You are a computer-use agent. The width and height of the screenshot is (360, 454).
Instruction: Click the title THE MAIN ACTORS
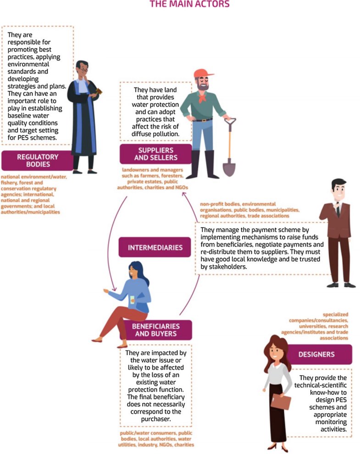click(x=189, y=4)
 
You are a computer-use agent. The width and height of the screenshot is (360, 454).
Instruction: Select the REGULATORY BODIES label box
click(x=38, y=160)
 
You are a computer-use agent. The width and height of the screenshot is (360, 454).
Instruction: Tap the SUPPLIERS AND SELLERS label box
click(x=155, y=154)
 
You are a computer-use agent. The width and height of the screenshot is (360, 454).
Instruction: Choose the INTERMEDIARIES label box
click(x=155, y=247)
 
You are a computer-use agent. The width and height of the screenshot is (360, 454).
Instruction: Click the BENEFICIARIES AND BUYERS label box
click(x=155, y=330)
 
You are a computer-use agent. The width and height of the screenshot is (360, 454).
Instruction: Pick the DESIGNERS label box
click(x=316, y=354)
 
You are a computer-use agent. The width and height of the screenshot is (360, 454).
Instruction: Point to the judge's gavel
click(x=99, y=91)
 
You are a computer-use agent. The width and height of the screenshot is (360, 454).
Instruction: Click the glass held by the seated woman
click(x=132, y=300)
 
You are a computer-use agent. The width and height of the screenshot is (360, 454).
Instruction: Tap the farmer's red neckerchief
click(x=202, y=97)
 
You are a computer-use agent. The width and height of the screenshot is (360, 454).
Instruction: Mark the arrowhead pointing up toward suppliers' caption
click(x=184, y=194)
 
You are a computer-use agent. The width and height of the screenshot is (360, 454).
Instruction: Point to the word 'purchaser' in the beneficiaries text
click(x=156, y=419)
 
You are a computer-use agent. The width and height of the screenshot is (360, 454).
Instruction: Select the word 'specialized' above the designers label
click(x=335, y=314)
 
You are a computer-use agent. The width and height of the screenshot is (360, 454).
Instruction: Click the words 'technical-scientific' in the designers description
click(x=320, y=385)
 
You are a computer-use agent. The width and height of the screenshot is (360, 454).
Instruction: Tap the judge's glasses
click(x=83, y=70)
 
